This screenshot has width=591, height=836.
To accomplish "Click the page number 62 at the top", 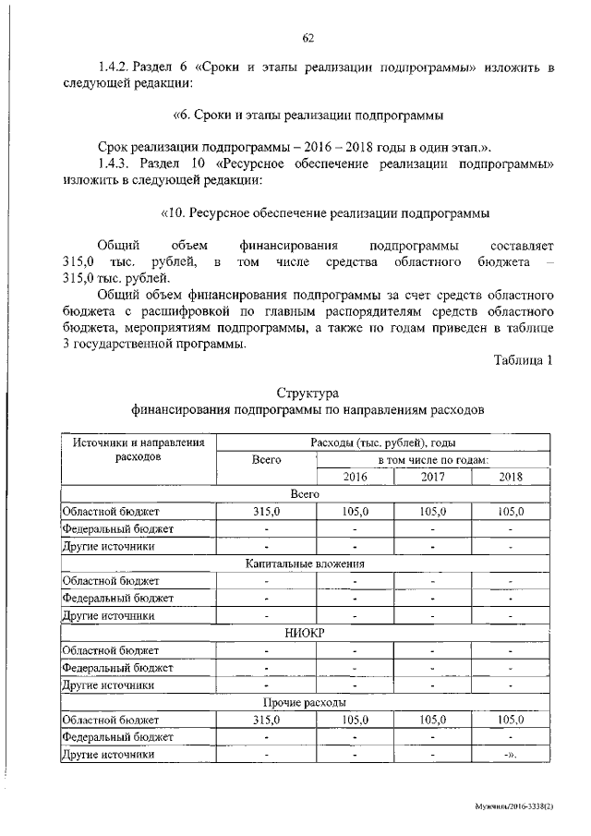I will (308, 37).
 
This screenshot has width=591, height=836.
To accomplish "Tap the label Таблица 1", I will (524, 360).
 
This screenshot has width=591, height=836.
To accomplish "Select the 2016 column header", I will (355, 477).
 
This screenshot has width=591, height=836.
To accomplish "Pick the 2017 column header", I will (432, 477).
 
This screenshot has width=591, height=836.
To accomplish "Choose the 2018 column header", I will (510, 477).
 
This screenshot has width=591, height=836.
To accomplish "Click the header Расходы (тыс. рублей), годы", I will (383, 442).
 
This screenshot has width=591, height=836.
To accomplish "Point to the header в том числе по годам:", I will (432, 459).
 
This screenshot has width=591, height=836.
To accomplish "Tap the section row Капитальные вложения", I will (305, 563).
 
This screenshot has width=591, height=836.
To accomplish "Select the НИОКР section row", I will (305, 633).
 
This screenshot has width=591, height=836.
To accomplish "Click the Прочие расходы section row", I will (305, 702).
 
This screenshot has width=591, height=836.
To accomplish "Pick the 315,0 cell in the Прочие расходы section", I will (266, 720).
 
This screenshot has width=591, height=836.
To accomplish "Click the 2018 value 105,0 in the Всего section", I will (510, 512).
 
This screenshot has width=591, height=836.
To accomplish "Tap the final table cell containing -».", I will (510, 755).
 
